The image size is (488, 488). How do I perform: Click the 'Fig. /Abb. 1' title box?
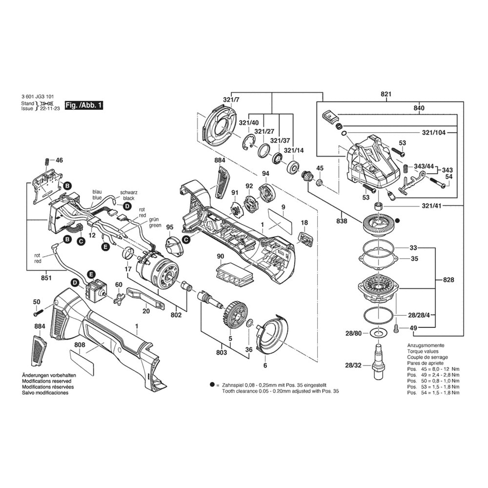(x=84, y=105)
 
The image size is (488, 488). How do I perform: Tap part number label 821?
(x=386, y=94)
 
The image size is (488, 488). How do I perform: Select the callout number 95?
(x=170, y=227)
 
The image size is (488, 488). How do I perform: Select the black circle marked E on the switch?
(x=91, y=274)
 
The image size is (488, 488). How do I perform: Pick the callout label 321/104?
(x=434, y=133)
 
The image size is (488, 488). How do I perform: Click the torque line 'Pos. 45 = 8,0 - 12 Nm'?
(x=433, y=369)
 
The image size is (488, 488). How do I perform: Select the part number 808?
(x=80, y=345)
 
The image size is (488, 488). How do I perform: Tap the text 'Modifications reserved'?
(x=47, y=381)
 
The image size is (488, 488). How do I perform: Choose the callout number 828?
(x=448, y=280)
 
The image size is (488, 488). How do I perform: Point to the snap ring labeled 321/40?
(x=249, y=143)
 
